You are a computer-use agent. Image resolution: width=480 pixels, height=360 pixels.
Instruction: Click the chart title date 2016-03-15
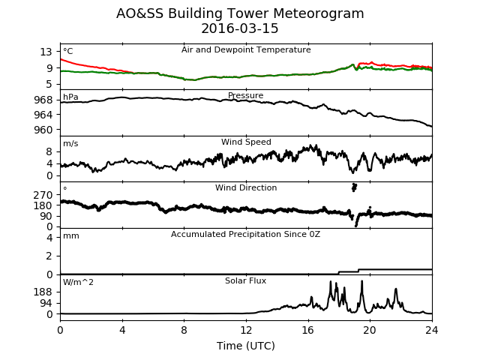(x=240, y=28)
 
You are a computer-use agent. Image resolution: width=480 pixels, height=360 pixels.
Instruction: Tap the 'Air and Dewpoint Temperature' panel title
(x=246, y=50)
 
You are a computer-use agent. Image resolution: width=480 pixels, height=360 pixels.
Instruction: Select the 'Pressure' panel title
(x=245, y=95)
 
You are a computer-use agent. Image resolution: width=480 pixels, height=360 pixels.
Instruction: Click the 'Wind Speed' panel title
(x=246, y=142)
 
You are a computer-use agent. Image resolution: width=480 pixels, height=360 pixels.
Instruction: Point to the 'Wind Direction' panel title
(x=246, y=187)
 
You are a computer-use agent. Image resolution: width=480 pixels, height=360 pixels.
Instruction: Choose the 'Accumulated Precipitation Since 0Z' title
(x=245, y=235)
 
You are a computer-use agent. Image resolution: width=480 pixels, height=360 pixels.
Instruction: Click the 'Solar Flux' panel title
(x=245, y=280)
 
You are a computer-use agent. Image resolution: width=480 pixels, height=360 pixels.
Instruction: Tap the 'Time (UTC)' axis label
(x=246, y=346)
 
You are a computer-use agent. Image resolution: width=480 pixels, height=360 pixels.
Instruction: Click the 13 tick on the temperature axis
(x=46, y=52)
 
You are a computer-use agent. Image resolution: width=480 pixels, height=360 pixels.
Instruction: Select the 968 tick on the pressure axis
(x=43, y=100)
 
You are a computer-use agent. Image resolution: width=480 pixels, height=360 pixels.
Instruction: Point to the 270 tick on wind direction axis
(x=43, y=195)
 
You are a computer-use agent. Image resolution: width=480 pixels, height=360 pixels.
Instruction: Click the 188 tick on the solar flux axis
(x=43, y=292)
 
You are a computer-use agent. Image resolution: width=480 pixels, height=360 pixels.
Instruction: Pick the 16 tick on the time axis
(x=308, y=330)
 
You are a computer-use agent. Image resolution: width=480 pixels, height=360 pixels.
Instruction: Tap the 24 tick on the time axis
(x=432, y=330)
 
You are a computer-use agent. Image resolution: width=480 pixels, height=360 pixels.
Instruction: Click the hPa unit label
(x=70, y=97)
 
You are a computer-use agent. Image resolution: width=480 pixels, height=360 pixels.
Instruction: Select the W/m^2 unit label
(x=78, y=282)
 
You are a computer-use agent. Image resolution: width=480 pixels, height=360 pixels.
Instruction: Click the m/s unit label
(x=70, y=143)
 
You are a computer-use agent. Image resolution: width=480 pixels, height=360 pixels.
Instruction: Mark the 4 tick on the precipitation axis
(x=49, y=238)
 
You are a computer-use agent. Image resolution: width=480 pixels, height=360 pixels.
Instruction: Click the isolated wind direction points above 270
(x=354, y=187)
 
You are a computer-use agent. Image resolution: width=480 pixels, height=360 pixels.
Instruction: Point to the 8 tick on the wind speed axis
(x=49, y=151)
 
